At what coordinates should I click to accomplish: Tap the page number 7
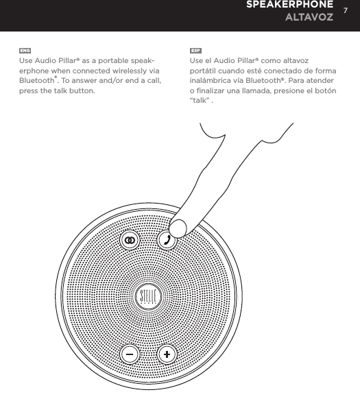coord(347,11)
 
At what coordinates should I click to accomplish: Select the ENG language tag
coord(25,51)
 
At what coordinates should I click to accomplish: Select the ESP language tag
coord(195,51)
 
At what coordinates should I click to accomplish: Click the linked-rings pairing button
coord(129,240)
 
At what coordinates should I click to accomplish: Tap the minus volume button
coord(130,354)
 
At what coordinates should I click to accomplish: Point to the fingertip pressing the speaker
coord(180,226)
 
